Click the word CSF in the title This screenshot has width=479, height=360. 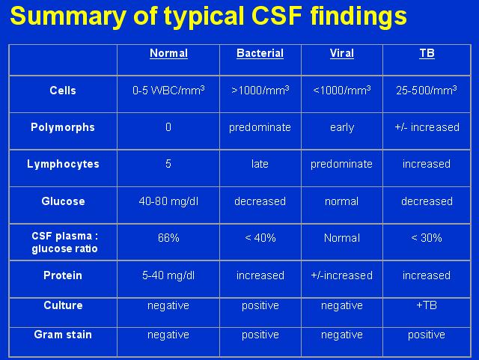278,16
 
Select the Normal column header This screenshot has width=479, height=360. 168,53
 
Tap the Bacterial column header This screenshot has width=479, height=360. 260,53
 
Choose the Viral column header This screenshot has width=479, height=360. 342,53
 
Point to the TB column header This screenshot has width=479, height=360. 427,53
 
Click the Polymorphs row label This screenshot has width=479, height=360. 63,127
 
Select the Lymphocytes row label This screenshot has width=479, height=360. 63,164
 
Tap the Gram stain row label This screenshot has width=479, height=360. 63,335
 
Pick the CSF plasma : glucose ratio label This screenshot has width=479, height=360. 64,242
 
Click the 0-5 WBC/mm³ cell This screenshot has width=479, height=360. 168,91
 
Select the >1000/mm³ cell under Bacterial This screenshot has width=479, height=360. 260,91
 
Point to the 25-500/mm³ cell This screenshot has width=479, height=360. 427,91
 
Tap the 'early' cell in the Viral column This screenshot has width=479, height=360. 342,127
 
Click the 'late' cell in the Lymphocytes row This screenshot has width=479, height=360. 260,164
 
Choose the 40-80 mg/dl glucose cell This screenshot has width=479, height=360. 168,201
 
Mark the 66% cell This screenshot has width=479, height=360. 168,238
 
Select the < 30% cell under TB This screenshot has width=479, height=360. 427,238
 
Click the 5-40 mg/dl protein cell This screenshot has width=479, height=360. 168,275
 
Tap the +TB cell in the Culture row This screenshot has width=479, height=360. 427,305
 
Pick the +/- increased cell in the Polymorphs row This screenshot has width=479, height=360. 427,127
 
